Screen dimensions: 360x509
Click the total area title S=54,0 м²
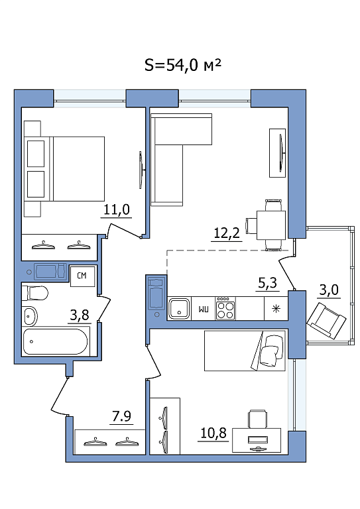[183, 65]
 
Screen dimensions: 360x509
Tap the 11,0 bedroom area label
[117, 209]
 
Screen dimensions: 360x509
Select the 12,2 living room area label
[227, 233]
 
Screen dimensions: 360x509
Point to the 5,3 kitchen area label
[267, 283]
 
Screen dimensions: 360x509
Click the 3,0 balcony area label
[329, 289]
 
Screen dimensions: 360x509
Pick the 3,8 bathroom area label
[80, 315]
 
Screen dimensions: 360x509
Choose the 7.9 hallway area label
[121, 416]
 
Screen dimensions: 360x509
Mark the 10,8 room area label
[213, 433]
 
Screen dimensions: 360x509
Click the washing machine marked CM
[82, 276]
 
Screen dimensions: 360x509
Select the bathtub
[54, 342]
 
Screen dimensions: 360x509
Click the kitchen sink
[179, 308]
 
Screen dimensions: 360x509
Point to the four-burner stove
[225, 308]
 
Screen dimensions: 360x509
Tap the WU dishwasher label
[204, 309]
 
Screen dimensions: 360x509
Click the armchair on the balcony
[326, 321]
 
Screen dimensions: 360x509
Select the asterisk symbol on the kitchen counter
[276, 309]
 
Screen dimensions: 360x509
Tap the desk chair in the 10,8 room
[258, 418]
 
